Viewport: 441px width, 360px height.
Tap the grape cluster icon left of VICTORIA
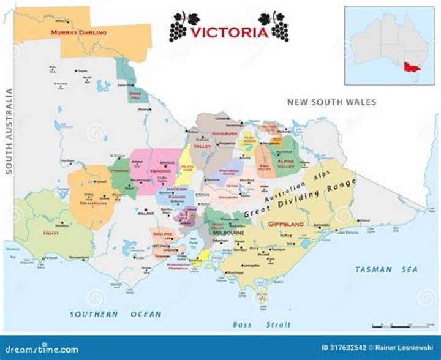[x=184, y=25]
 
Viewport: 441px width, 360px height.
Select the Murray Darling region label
[x=78, y=32]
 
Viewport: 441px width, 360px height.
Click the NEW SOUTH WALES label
[x=332, y=102]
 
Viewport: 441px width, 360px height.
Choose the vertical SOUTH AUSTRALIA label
[x=9, y=132]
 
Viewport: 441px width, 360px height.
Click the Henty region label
[x=50, y=233]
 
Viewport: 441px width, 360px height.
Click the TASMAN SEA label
[x=386, y=269]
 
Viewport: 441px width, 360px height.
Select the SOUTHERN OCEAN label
[x=115, y=314]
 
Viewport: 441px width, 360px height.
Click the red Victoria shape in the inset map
[x=409, y=67]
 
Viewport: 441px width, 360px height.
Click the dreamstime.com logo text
[x=40, y=350]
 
